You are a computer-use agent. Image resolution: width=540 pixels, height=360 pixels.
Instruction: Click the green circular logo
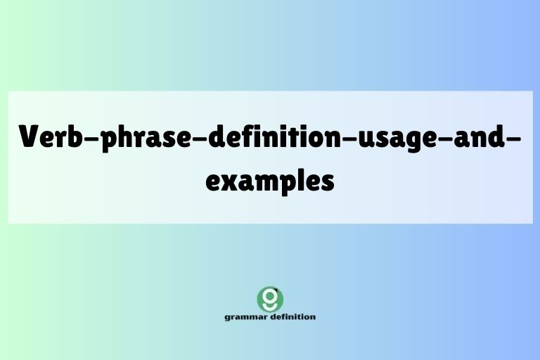click(x=270, y=299)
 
